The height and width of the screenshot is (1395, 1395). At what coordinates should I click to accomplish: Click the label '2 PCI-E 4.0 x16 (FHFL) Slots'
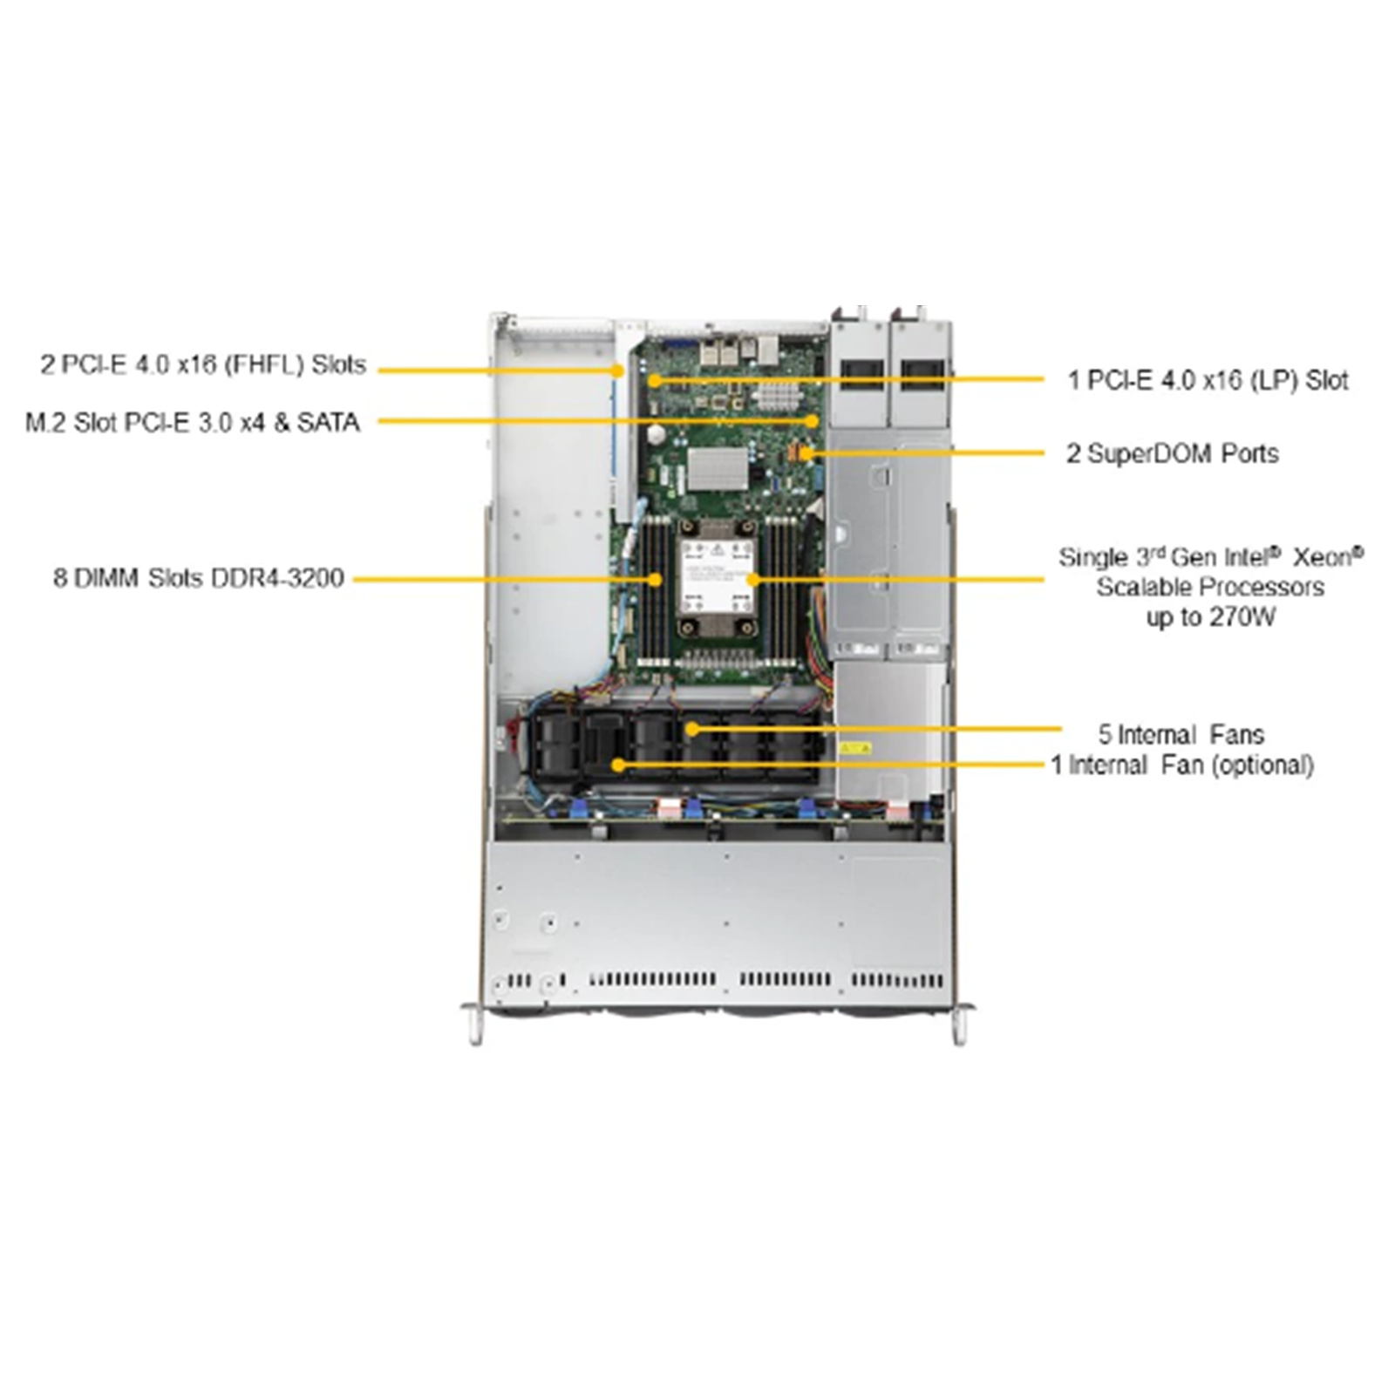pyautogui.click(x=203, y=364)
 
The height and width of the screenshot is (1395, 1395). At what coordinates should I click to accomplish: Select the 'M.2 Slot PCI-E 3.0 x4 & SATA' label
pyautogui.click(x=193, y=423)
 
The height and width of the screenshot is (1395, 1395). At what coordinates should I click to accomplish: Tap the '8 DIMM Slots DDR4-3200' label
pyautogui.click(x=199, y=578)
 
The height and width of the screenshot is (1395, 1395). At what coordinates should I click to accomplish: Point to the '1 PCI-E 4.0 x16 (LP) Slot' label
pyautogui.click(x=1208, y=380)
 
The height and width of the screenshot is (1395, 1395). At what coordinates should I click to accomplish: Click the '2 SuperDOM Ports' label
pyautogui.click(x=1172, y=453)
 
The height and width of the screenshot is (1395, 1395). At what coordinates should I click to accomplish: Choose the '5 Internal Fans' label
pyautogui.click(x=1181, y=734)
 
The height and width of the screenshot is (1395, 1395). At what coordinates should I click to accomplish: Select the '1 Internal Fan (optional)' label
pyautogui.click(x=1181, y=766)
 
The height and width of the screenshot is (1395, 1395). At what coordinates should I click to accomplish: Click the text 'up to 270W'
pyautogui.click(x=1210, y=617)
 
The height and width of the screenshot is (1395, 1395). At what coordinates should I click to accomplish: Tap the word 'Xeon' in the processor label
pyautogui.click(x=1328, y=557)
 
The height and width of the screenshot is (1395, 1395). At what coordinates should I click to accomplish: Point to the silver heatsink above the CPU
pyautogui.click(x=718, y=470)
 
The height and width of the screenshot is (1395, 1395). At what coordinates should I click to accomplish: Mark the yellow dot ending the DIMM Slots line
pyautogui.click(x=656, y=578)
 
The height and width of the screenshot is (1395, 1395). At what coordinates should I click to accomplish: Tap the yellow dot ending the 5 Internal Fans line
pyautogui.click(x=691, y=729)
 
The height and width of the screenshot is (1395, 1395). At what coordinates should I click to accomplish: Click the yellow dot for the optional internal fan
pyautogui.click(x=617, y=766)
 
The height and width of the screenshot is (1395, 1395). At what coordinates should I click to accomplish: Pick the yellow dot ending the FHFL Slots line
pyautogui.click(x=617, y=370)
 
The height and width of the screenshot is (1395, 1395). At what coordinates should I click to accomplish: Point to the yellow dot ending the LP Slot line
pyautogui.click(x=654, y=380)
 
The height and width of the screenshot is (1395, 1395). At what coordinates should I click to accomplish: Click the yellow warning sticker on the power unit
pyautogui.click(x=854, y=748)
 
